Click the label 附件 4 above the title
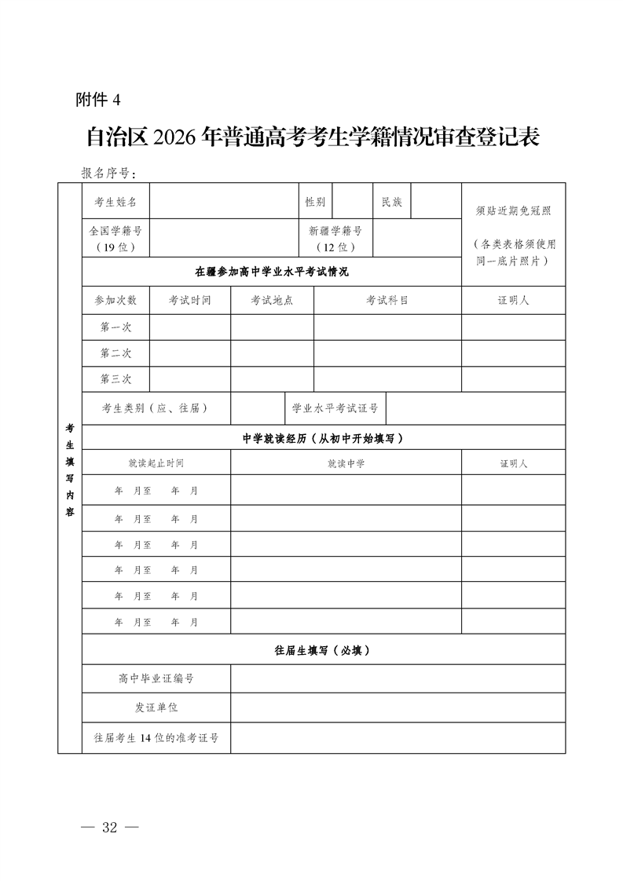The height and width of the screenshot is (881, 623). [99, 100]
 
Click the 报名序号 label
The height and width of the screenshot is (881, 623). [109, 173]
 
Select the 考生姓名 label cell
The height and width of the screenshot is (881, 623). [115, 202]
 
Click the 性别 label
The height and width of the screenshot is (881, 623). [315, 202]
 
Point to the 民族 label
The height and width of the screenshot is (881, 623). [391, 202]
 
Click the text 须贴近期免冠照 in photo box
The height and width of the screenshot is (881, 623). [514, 211]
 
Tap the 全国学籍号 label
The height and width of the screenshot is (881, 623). [115, 232]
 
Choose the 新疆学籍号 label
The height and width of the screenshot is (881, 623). [335, 232]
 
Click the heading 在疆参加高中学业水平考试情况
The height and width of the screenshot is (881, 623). [272, 272]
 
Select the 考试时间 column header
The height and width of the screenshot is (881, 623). [190, 301]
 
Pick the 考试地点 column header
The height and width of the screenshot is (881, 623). [272, 301]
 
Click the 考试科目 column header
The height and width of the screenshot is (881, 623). [387, 301]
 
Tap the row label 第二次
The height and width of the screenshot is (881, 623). [115, 353]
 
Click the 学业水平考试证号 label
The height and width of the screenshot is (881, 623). [335, 408]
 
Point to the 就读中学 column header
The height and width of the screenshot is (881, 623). [346, 463]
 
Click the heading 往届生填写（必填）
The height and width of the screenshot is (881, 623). [323, 650]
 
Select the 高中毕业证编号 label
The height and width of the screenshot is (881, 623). [156, 678]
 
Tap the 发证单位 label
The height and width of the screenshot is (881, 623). [156, 707]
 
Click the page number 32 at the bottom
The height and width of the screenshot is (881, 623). [109, 828]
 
